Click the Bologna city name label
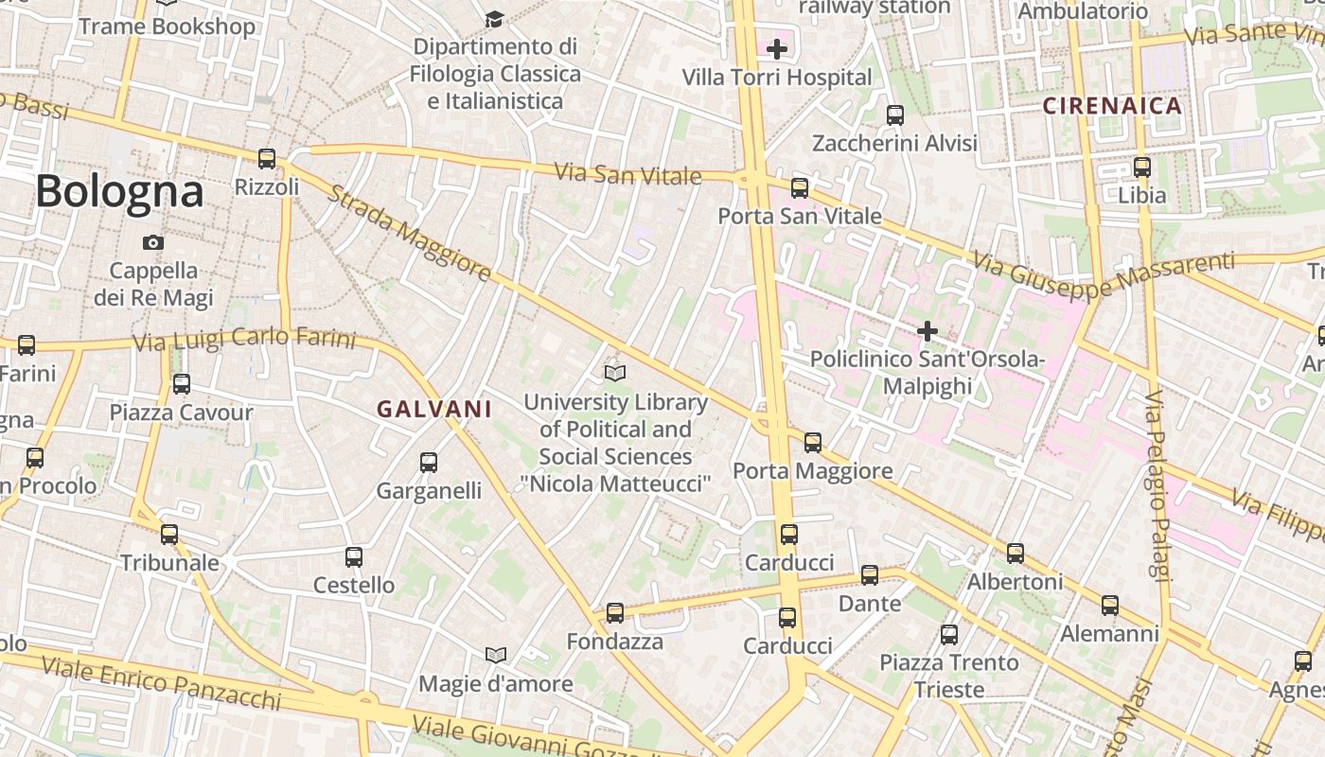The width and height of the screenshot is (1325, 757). click(x=119, y=192)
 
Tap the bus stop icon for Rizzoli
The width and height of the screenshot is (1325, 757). click(x=267, y=159)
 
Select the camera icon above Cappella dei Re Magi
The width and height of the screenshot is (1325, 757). click(x=152, y=243)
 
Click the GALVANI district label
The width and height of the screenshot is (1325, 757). click(x=434, y=410)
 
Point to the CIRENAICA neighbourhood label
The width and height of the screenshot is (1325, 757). click(x=1112, y=106)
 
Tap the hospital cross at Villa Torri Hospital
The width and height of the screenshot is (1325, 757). click(x=777, y=49)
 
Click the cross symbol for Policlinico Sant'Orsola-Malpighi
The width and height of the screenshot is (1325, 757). click(x=927, y=331)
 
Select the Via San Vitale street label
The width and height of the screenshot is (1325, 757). click(x=627, y=174)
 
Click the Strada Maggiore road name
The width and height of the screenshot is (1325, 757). click(x=410, y=233)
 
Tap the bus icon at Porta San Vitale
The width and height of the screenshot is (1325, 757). click(x=800, y=188)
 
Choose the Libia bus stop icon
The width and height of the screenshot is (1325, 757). click(x=1142, y=167)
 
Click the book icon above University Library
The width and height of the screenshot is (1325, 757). click(x=615, y=374)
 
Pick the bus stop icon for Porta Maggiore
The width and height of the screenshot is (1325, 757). click(x=812, y=442)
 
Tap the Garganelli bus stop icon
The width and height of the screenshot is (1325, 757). click(x=429, y=463)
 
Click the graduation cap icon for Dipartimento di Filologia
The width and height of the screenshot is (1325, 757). click(x=494, y=19)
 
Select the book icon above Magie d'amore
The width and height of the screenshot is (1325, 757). click(x=495, y=655)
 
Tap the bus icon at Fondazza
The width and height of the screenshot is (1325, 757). click(x=615, y=613)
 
